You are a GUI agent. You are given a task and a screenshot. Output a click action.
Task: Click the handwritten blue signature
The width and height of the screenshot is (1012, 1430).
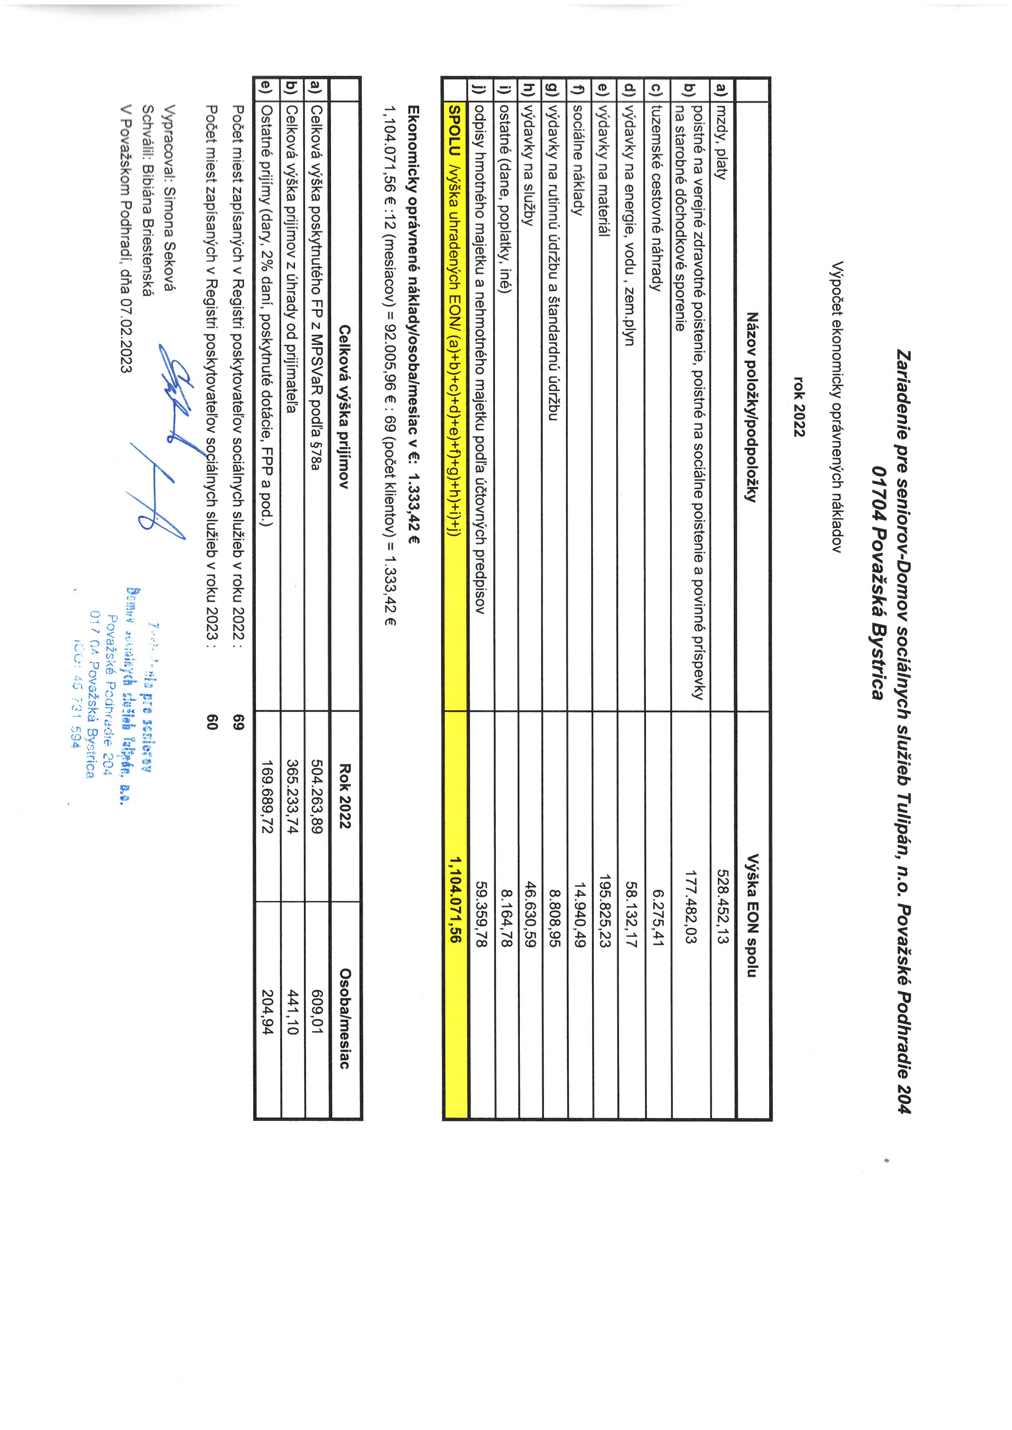pyautogui.click(x=162, y=449)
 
